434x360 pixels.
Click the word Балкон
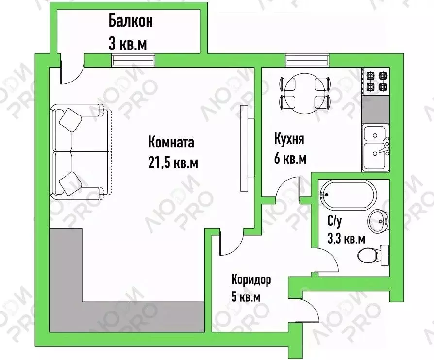click(x=131, y=22)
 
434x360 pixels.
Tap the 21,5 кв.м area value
click(x=173, y=163)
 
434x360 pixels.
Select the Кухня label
click(x=289, y=140)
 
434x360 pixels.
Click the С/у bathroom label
click(x=334, y=222)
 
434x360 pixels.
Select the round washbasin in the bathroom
click(x=378, y=222)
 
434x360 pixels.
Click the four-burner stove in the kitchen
click(x=376, y=82)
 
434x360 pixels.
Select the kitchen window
click(x=307, y=60)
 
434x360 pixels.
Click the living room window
click(x=133, y=60)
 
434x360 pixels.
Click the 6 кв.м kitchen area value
click(x=290, y=159)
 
